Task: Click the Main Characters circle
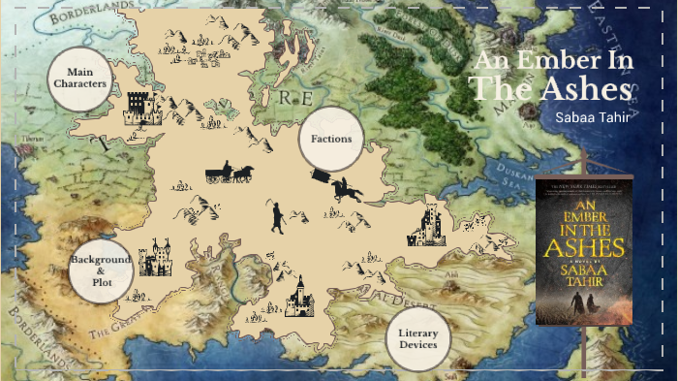point(79,79)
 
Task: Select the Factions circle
point(331,139)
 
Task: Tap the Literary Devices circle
point(418,338)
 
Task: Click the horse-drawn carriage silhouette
point(229,173)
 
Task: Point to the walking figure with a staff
point(277,217)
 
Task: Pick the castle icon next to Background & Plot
point(154,259)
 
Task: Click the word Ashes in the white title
point(577,88)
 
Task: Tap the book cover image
point(583,250)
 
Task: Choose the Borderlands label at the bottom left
point(34,344)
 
